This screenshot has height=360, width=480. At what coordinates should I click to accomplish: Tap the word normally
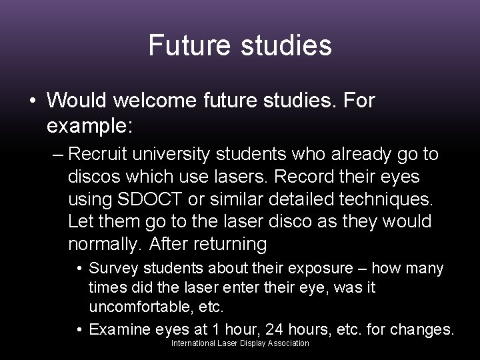[104, 245]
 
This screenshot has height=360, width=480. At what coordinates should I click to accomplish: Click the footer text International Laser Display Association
[240, 343]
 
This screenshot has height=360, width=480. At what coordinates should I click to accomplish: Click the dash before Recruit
[56, 155]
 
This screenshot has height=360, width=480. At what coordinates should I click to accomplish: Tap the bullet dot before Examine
[79, 329]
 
